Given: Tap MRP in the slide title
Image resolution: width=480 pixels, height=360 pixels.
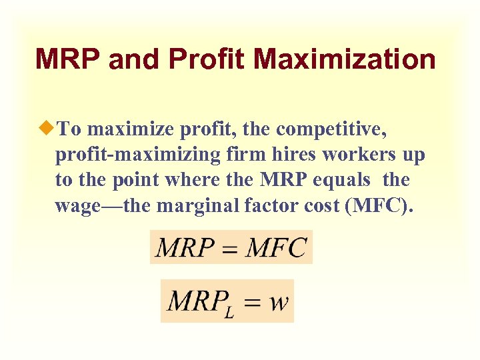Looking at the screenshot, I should (x=67, y=59).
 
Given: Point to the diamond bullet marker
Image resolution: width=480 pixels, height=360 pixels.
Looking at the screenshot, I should (x=46, y=128).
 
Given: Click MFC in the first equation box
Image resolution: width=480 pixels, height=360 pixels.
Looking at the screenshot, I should (x=275, y=248).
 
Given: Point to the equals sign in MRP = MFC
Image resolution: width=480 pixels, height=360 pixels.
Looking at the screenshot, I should (x=229, y=249).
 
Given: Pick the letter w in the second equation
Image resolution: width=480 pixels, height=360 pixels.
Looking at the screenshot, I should (x=279, y=303).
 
